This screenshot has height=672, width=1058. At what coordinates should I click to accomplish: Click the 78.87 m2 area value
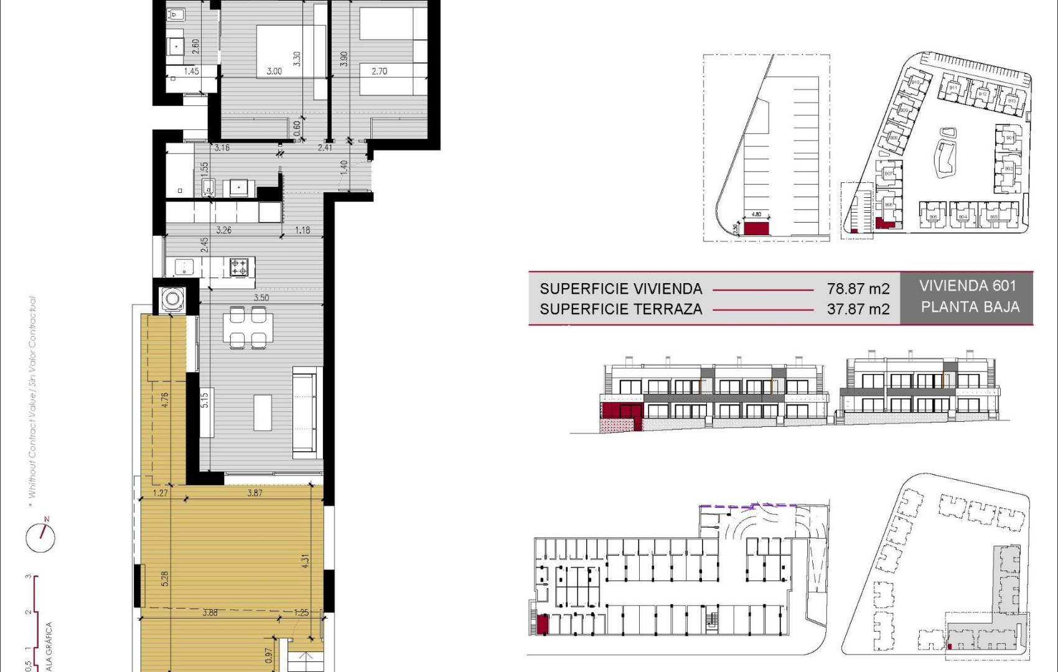pyautogui.click(x=858, y=289)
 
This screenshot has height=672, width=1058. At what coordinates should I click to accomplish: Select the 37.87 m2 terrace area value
pyautogui.click(x=858, y=309)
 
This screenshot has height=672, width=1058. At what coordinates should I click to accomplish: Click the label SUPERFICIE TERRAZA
pyautogui.click(x=620, y=309)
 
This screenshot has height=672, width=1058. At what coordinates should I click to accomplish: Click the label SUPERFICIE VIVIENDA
pyautogui.click(x=620, y=289)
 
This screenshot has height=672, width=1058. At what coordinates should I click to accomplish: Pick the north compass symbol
pyautogui.click(x=41, y=536)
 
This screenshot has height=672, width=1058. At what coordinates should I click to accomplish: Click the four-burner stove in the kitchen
pyautogui.click(x=240, y=268)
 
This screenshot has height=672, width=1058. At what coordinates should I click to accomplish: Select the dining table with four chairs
pyautogui.click(x=248, y=327)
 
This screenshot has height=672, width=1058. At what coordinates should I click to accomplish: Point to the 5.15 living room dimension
pyautogui.click(x=205, y=399)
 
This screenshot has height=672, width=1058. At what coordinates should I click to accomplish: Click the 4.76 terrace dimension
pyautogui.click(x=164, y=399)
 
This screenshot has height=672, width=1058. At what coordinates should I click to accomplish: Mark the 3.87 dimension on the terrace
pyautogui.click(x=255, y=493)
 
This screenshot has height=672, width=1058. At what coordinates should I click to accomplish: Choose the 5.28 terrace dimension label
pyautogui.click(x=165, y=579)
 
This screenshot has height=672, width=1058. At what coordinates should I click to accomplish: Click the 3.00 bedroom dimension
pyautogui.click(x=274, y=72)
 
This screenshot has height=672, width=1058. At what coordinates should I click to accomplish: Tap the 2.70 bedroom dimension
pyautogui.click(x=379, y=72)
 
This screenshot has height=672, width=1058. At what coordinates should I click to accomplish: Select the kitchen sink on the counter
pyautogui.click(x=184, y=268)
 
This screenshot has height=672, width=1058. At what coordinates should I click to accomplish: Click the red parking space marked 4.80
pyautogui.click(x=757, y=227)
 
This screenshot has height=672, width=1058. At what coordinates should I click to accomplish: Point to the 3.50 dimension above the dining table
pyautogui.click(x=261, y=298)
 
